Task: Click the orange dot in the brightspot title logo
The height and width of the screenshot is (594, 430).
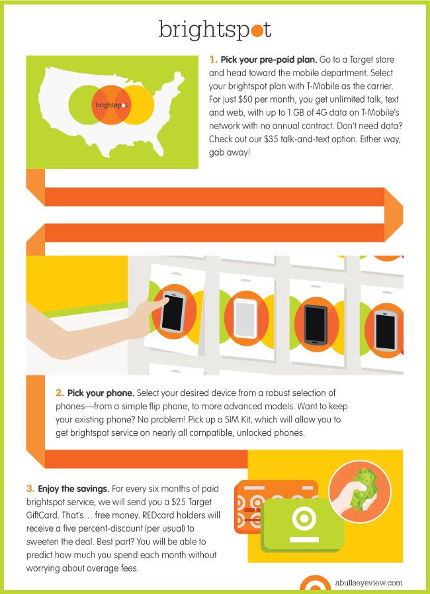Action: click(x=257, y=30)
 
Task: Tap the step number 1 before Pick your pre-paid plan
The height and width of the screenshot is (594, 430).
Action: click(x=213, y=60)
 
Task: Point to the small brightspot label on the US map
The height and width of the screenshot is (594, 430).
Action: click(x=111, y=105)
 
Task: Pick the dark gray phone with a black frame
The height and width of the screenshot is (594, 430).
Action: click(x=316, y=324)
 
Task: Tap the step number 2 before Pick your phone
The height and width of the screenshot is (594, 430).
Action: click(x=60, y=393)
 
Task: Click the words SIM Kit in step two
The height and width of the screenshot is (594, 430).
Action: click(x=268, y=419)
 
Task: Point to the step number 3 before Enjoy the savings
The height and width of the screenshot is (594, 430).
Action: click(x=30, y=489)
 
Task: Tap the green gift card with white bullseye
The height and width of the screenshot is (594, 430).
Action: click(x=302, y=524)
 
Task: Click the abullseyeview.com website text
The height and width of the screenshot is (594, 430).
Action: click(x=368, y=583)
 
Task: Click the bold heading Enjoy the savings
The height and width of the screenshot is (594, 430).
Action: click(x=73, y=489)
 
